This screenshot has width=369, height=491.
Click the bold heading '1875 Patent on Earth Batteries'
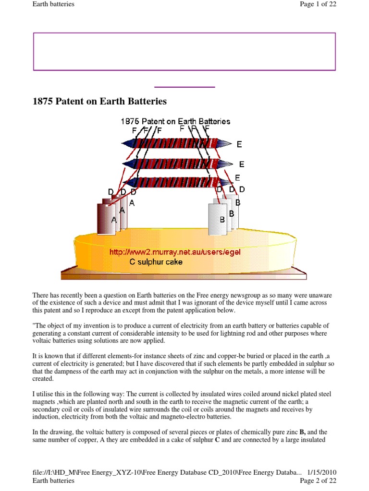coord(99,102)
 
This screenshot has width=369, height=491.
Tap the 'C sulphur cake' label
coord(156,262)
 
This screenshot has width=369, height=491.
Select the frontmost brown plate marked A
coord(107,219)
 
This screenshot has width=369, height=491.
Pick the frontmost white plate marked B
coord(217,220)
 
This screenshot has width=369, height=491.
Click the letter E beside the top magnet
coord(239,144)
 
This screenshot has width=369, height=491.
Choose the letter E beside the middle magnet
coord(242,164)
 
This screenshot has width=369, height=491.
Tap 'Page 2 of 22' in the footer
coord(318,480)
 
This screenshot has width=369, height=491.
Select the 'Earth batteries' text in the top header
coord(53,5)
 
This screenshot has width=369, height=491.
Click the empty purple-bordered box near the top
coord(184,52)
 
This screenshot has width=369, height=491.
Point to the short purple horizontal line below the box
coord(184,87)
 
